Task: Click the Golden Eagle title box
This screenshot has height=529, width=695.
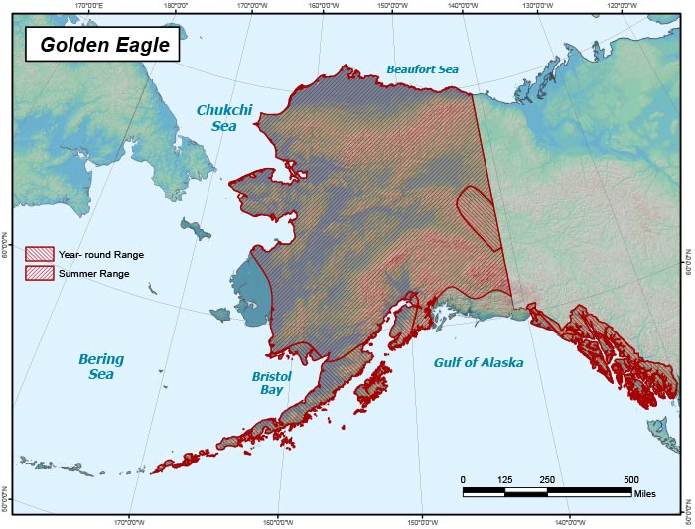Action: [104, 45]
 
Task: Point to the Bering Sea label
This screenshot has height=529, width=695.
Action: [101, 367]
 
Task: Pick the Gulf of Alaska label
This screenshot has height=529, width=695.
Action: [478, 363]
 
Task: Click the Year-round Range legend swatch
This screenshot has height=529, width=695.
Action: [40, 254]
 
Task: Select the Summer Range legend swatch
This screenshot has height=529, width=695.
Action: [40, 272]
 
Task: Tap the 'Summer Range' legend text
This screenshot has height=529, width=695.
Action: [93, 273]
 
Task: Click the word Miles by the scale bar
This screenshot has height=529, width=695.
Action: [645, 494]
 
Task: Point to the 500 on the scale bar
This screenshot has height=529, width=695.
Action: [631, 479]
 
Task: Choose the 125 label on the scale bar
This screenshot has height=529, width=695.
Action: [504, 479]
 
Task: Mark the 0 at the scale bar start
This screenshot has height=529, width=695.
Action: [463, 479]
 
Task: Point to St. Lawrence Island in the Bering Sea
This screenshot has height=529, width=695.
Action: [197, 230]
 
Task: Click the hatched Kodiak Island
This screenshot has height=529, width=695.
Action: [369, 385]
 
